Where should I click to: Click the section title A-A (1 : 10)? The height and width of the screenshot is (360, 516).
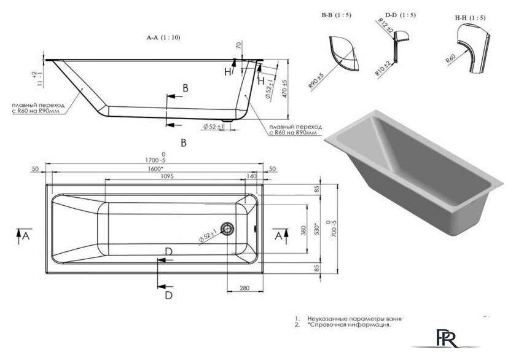pos(163,37)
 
